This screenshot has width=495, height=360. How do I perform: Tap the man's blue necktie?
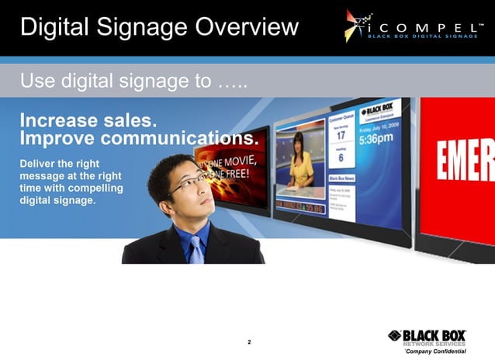click(196, 248)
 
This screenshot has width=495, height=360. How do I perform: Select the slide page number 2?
click(249, 341)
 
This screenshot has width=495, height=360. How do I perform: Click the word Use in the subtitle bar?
click(36, 81)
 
